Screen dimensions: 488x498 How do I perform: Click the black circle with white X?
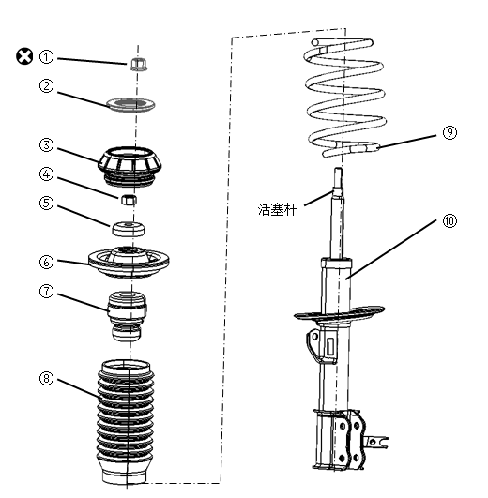24,56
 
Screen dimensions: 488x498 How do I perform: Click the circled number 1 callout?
46,57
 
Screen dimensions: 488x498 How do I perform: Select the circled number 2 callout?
46,85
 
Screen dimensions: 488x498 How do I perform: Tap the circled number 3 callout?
46,145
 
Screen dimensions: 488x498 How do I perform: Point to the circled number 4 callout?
46,174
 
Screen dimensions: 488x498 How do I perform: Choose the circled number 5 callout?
46,203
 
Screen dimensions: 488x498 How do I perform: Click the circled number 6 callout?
46,262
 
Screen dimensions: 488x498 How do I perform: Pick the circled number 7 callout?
46,291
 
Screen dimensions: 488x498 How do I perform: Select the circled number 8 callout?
46,378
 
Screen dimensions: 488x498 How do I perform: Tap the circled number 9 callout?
450,132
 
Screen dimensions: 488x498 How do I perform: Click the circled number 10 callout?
450,220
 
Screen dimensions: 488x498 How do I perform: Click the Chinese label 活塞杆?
277,210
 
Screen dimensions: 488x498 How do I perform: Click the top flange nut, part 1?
137,64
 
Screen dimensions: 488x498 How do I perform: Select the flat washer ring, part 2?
130,105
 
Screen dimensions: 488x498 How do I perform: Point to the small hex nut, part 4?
129,200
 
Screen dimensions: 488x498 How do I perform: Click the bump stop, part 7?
127,316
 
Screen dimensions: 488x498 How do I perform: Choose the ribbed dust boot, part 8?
126,422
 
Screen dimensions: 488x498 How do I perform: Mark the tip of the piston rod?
338,169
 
